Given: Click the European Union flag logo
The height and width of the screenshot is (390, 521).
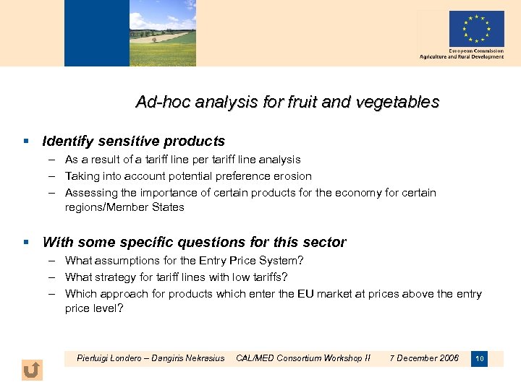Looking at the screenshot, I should pyautogui.click(x=475, y=29).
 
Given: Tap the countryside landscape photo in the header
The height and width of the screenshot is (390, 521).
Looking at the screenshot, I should pyautogui.click(x=162, y=33).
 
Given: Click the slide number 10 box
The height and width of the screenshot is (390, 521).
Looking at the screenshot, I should pyautogui.click(x=479, y=359).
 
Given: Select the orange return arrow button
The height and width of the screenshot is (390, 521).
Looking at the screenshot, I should pyautogui.click(x=32, y=370).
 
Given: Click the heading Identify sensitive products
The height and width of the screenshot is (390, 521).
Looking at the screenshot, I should pyautogui.click(x=134, y=142).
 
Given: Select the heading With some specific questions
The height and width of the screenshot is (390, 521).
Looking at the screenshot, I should pyautogui.click(x=194, y=243).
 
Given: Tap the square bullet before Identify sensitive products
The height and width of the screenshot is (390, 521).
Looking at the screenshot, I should pyautogui.click(x=25, y=142).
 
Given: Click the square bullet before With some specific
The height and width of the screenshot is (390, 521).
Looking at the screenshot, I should pyautogui.click(x=25, y=243).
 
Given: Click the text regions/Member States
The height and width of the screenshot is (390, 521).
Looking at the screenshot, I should pyautogui.click(x=124, y=207).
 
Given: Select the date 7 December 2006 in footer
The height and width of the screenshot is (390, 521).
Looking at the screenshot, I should pyautogui.click(x=424, y=358).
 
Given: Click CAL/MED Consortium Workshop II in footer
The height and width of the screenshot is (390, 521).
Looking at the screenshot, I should pyautogui.click(x=303, y=358).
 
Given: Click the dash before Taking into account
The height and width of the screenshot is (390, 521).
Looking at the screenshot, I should pyautogui.click(x=54, y=176).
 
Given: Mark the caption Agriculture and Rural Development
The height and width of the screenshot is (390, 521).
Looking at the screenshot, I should pyautogui.click(x=462, y=57).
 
